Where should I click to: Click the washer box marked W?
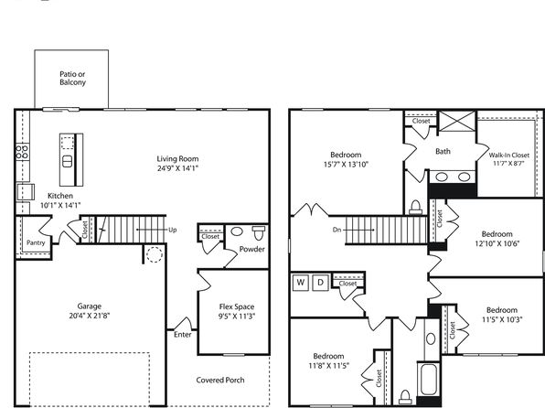[x=301, y=283]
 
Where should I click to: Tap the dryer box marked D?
[x=320, y=283]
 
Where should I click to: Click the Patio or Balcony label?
[x=72, y=79]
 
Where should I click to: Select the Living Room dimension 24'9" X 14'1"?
[x=177, y=168]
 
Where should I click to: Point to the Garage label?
[x=90, y=306]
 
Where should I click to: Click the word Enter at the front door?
[x=183, y=335]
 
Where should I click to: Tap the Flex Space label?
[x=237, y=306]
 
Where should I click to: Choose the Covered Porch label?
[x=220, y=380]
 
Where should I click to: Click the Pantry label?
[x=36, y=242]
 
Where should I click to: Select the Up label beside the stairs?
[x=173, y=230]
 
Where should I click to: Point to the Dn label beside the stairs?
[x=337, y=230]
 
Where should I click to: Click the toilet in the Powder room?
[x=258, y=232]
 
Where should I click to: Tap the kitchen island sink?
[x=67, y=161]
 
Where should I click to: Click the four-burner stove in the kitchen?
[x=22, y=153]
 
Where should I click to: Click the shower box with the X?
[x=457, y=121]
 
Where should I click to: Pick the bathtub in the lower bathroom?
[x=429, y=380]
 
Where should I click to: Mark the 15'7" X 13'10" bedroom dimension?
[x=346, y=165]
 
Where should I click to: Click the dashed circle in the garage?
[x=155, y=254]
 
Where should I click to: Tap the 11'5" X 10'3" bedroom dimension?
[x=502, y=319]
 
